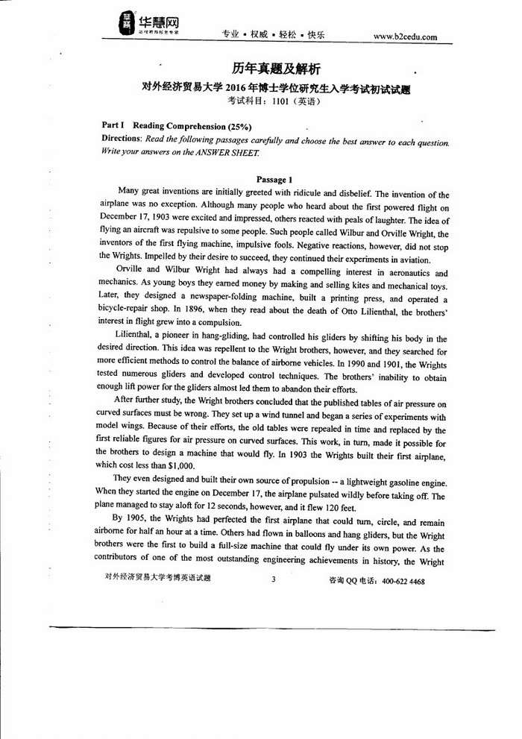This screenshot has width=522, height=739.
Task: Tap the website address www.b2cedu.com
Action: pos(405,36)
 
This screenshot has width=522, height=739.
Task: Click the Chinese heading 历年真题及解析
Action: pos(276,69)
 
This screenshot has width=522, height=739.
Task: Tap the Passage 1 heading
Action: pos(274,180)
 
